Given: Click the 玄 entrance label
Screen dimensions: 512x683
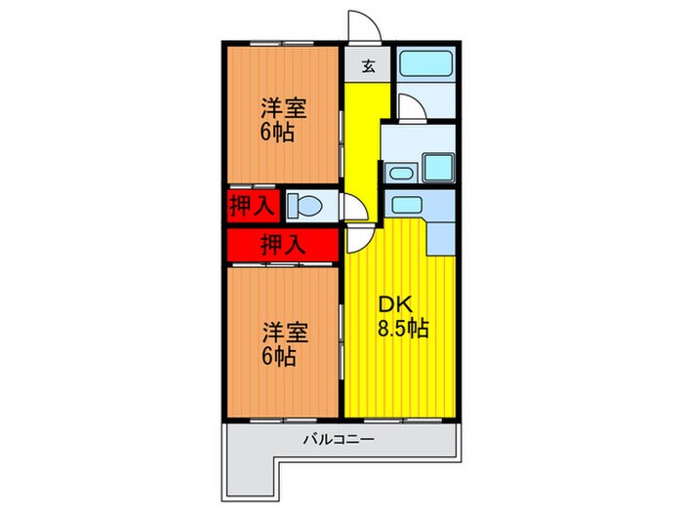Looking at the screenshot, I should [369, 66].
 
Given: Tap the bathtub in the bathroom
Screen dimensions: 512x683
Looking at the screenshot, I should [423, 65].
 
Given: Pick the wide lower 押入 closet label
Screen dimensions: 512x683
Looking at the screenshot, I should [283, 243].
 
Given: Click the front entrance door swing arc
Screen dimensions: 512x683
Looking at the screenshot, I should [361, 27].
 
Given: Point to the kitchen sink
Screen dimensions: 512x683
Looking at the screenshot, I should [402, 204].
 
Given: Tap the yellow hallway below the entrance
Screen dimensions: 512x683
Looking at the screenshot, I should [362, 137].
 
